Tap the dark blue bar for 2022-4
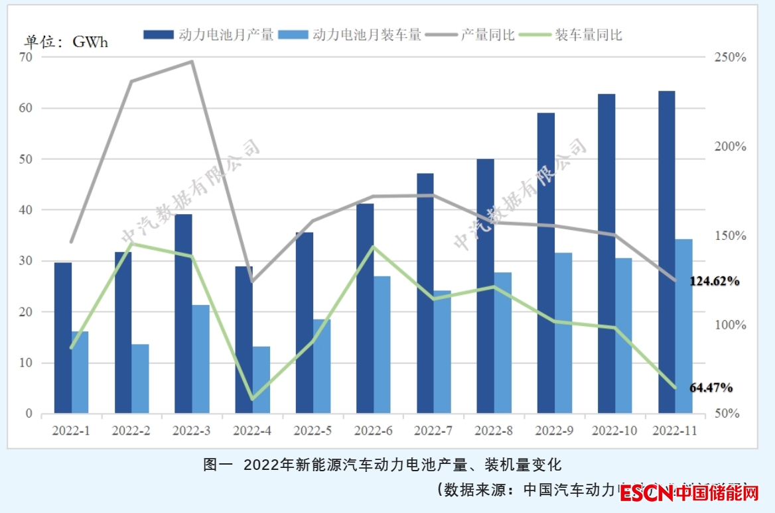[244, 340]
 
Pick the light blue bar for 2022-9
[563, 333]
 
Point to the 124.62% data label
[715, 281]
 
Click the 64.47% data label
[711, 387]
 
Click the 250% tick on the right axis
[731, 58]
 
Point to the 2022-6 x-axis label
[374, 431]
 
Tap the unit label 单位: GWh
[66, 42]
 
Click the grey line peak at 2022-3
[192, 62]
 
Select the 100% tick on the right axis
[731, 325]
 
